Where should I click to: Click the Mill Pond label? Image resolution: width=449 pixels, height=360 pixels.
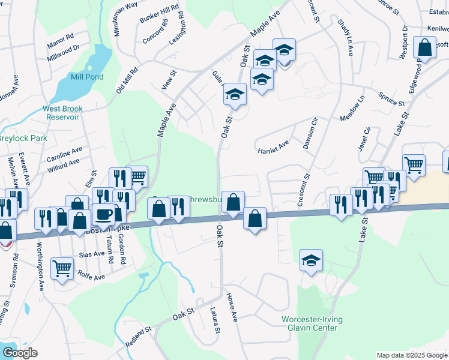tap(87, 77)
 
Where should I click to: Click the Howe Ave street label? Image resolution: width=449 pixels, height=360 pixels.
tap(232, 308)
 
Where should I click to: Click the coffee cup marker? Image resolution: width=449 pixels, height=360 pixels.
tap(103, 214)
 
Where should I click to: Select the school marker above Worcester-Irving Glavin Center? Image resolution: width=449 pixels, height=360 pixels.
tap(311, 260)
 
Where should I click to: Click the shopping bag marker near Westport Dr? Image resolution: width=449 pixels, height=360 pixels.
tap(425, 49)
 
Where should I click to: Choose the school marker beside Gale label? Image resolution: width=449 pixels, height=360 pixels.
tap(236, 94)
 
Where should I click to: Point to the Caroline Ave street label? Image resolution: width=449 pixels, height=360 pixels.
tap(65, 153)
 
